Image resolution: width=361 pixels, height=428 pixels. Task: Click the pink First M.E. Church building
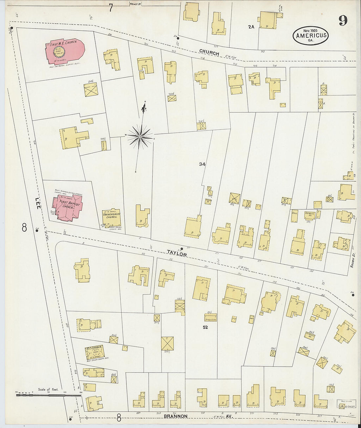64,51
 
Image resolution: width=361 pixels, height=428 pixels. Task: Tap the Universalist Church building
111,217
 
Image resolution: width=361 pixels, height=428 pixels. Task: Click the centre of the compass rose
140,136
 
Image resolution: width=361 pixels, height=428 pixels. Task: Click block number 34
202,164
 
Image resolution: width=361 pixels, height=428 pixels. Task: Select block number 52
206,327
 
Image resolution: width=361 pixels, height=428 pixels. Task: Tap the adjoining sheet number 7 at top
111,8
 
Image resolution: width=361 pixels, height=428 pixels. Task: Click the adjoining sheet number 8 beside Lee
24,227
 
